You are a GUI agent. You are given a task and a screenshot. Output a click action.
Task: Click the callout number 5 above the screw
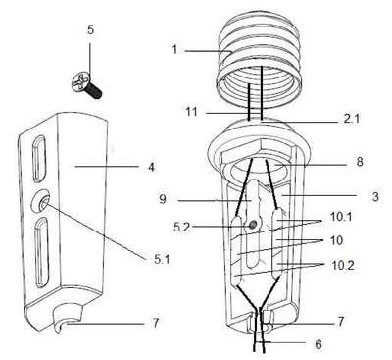pyautogui.click(x=90, y=29)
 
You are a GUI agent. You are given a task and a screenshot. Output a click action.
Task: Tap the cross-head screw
pyautogui.click(x=86, y=85)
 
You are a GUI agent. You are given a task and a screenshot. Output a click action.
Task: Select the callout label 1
pyautogui.click(x=174, y=50)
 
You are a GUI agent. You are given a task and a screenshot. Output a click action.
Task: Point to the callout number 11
pyautogui.click(x=191, y=112)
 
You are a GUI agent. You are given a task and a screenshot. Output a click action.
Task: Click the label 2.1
pyautogui.click(x=351, y=119)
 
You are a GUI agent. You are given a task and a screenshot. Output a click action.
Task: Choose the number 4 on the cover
pyautogui.click(x=151, y=167)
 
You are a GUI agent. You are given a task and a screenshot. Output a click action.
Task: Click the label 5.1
pyautogui.click(x=162, y=260)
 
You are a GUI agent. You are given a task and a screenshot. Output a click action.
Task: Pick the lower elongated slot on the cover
pyautogui.click(x=42, y=252)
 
